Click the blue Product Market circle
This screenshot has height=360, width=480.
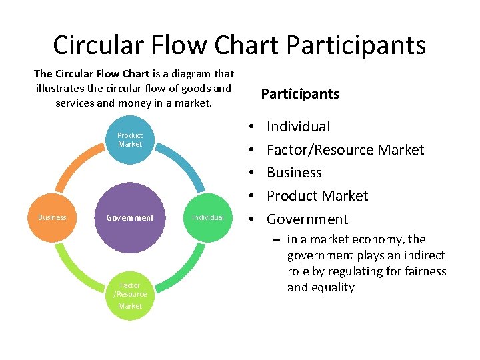click(130, 140)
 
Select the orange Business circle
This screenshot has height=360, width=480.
click(52, 217)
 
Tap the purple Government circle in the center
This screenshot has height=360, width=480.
click(130, 217)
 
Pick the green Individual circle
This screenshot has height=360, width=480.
click(208, 217)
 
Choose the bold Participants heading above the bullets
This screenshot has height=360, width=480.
click(300, 94)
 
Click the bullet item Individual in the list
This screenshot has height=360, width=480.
click(298, 127)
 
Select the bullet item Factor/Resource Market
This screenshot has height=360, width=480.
click(345, 150)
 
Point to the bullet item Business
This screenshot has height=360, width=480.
click(294, 173)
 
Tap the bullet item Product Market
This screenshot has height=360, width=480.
click(317, 196)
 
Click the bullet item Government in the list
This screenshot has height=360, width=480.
click(307, 219)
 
